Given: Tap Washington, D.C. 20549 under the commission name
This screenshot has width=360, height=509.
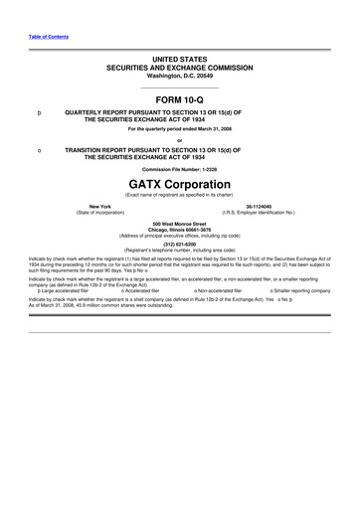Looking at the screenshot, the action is pyautogui.click(x=180, y=77).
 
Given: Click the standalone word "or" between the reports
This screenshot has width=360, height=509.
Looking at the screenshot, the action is pyautogui.click(x=180, y=138).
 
